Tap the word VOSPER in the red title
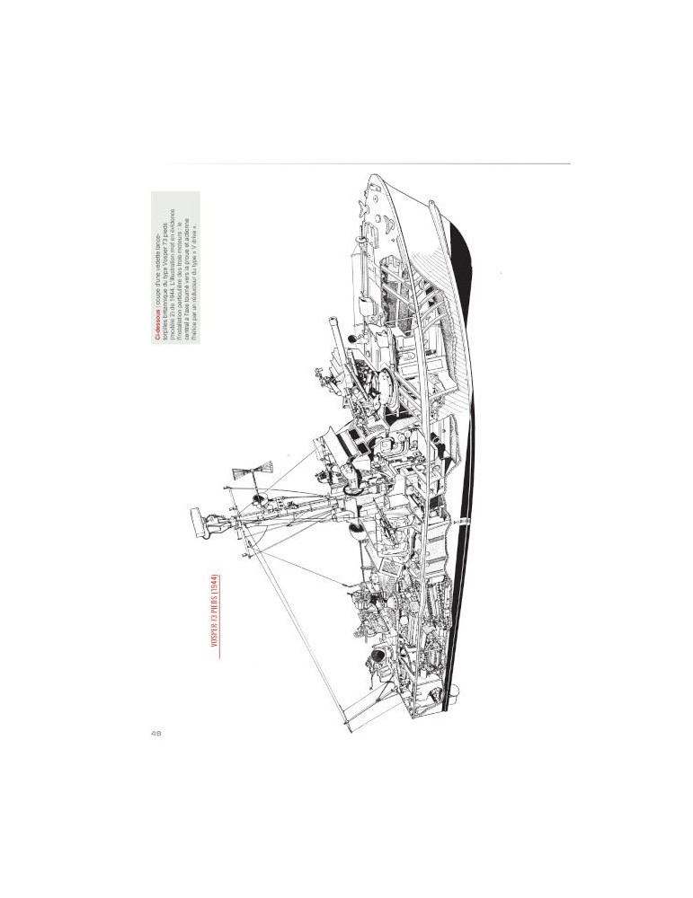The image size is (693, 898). (216, 643)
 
